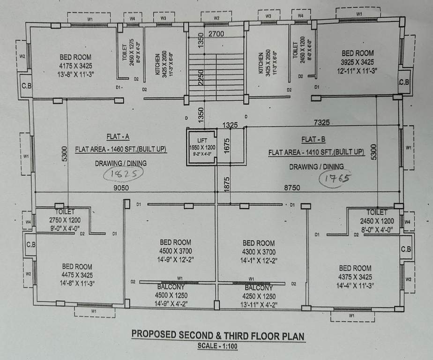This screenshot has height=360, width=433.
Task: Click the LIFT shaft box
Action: point(202,146)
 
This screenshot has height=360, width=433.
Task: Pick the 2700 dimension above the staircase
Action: point(216,34)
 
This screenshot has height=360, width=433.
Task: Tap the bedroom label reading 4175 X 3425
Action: point(75,66)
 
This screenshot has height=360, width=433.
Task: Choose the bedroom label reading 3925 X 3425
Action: point(357,62)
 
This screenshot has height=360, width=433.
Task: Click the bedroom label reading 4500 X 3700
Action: point(175,251)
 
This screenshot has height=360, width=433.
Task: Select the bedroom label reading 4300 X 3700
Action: point(258,251)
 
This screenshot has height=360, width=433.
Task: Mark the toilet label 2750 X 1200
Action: point(65,219)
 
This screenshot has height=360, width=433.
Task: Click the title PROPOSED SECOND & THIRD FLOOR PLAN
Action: point(218,336)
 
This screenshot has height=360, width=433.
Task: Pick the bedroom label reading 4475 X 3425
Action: point(77,275)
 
